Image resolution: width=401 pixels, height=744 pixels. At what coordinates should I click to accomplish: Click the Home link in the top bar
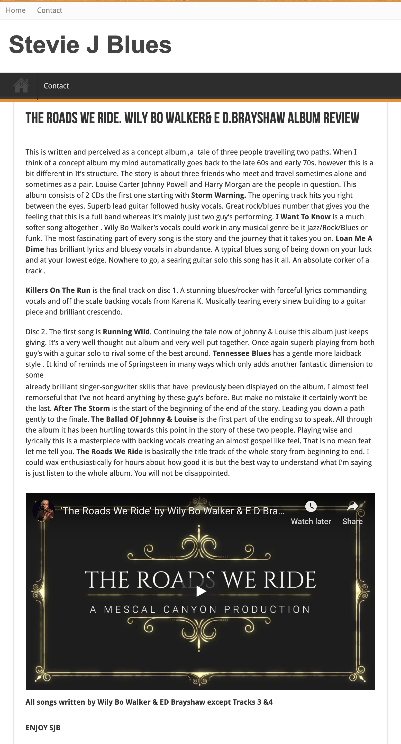click(16, 10)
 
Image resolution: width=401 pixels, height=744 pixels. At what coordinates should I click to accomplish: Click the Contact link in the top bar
click(50, 10)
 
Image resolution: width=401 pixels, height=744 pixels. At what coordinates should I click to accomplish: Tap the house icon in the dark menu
click(21, 86)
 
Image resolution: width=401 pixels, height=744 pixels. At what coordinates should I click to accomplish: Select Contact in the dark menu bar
click(56, 86)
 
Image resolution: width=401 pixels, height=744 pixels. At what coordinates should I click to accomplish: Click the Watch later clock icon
click(311, 506)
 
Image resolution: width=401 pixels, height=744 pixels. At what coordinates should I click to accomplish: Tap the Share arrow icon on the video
click(352, 506)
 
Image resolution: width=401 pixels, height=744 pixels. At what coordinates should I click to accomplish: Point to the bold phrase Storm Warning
click(218, 195)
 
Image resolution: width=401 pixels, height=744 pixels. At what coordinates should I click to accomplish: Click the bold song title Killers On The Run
click(58, 290)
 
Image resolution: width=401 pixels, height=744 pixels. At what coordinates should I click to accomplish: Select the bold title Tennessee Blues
click(242, 353)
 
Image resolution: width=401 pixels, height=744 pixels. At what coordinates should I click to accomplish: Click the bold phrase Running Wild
click(126, 331)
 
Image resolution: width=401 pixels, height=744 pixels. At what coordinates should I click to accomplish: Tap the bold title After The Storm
click(82, 408)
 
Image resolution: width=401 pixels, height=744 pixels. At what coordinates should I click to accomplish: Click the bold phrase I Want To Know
click(303, 217)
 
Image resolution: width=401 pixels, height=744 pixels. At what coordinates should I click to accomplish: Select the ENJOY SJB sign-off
click(43, 728)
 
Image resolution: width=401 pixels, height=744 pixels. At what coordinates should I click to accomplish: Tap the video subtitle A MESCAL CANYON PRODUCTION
click(200, 609)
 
